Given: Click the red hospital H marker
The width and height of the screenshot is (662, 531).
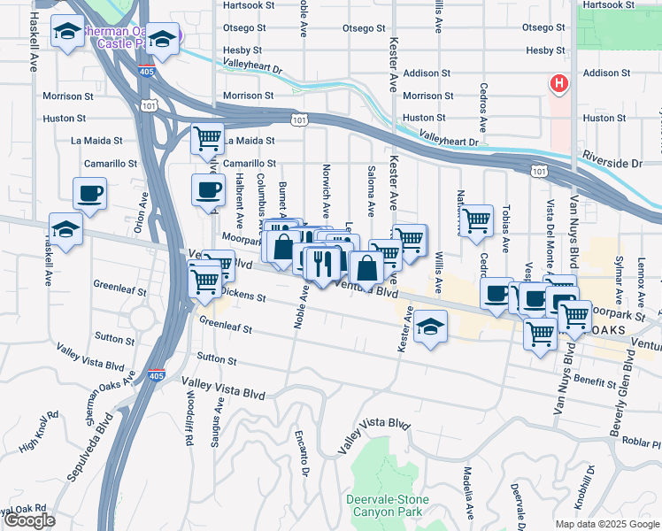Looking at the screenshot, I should (x=558, y=85).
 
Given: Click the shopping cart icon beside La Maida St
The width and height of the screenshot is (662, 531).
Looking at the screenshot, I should (x=207, y=139).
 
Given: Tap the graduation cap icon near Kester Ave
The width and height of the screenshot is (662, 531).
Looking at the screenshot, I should (x=430, y=328).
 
